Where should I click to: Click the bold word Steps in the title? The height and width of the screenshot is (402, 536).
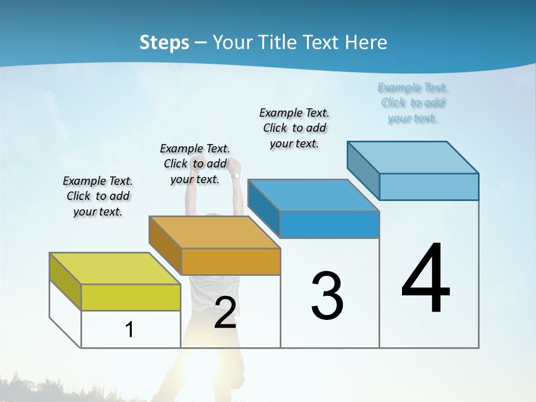[164, 42]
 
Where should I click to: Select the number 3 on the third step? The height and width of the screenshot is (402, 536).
[327, 296]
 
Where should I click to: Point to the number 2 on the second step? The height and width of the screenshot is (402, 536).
[225, 313]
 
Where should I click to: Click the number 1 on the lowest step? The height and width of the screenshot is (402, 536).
[129, 330]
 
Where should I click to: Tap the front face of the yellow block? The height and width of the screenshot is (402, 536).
[131, 298]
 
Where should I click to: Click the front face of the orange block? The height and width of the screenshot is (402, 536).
[231, 261]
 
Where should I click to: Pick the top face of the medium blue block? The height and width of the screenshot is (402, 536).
[313, 195]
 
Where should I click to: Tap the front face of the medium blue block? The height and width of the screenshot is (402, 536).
[329, 224]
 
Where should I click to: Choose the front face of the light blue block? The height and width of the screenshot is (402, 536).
[429, 186]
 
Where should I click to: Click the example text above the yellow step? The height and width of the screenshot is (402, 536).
[98, 196]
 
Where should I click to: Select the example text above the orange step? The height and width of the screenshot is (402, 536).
[195, 164]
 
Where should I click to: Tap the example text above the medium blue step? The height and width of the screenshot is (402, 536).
[294, 128]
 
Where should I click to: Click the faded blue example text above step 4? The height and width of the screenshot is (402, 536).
[413, 103]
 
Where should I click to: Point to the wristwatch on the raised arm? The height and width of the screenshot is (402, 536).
[236, 176]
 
